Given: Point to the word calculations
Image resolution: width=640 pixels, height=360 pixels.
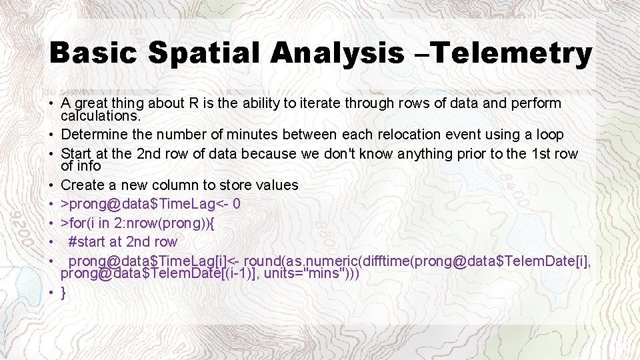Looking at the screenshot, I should pos(100,115).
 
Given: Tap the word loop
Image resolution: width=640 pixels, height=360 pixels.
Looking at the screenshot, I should pos(549,135).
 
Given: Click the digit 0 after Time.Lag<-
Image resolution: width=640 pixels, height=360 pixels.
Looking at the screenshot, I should pos(237,203).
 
